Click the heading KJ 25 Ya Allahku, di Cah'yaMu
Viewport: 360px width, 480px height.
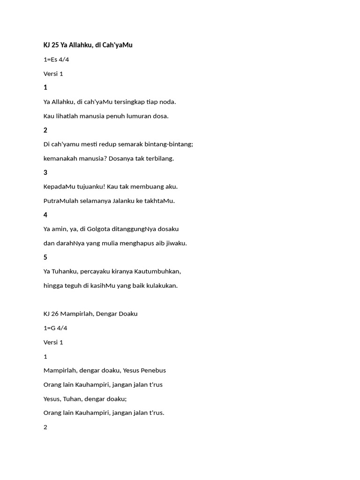(88, 45)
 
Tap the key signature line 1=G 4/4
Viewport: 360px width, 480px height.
(55, 328)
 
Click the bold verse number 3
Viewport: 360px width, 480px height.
(45, 172)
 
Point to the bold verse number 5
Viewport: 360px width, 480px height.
(45, 257)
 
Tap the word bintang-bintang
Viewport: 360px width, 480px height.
(172, 144)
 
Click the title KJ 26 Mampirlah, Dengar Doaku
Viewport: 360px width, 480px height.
(90, 314)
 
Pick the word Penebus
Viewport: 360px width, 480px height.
(153, 370)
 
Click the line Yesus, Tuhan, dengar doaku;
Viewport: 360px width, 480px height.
(85, 399)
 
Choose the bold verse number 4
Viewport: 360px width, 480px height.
(45, 215)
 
